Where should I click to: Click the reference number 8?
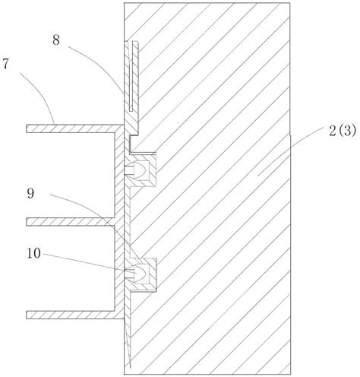(56, 40)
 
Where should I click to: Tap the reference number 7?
(6, 64)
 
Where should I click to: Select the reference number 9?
(30, 193)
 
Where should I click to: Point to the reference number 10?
(33, 253)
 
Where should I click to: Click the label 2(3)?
(343, 131)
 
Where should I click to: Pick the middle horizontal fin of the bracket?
(71, 222)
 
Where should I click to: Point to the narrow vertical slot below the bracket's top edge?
(131, 76)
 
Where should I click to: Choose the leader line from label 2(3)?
(291, 151)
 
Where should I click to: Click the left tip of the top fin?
(27, 128)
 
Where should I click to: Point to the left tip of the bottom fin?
(27, 315)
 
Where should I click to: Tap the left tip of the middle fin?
(27, 222)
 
